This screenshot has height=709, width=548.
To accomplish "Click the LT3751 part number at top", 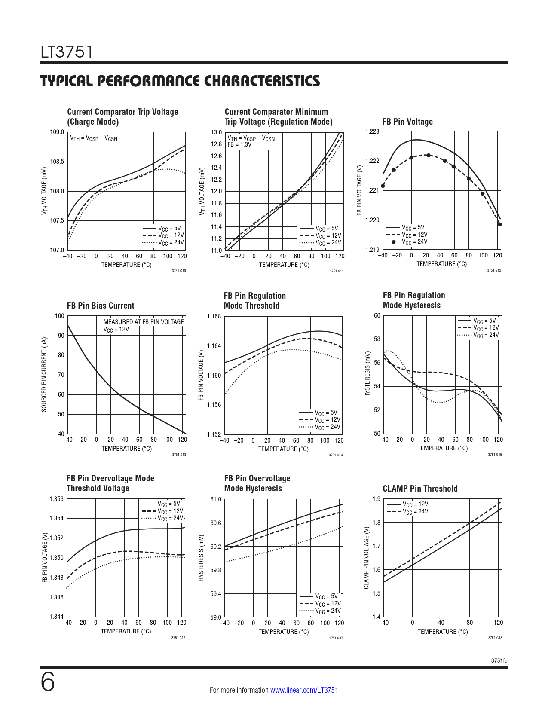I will point(67,52).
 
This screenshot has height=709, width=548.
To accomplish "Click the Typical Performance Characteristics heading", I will point(180,81).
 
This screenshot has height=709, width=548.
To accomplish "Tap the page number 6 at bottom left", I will point(48,682).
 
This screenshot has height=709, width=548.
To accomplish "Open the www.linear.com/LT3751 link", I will point(304,690).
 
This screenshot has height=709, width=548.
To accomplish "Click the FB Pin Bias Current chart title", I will point(101,306).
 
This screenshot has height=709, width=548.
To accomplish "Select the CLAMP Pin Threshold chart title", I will point(420,489).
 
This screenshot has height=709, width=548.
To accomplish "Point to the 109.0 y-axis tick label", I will point(57,132).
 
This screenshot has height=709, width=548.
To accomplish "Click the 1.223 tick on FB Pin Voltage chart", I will point(372,131).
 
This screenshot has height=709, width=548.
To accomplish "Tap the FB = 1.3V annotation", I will point(239,144).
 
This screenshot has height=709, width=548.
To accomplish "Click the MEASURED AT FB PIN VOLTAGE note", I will point(144,322).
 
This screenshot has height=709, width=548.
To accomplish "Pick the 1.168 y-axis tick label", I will point(214,316).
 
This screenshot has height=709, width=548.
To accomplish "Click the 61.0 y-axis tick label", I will point(215,499).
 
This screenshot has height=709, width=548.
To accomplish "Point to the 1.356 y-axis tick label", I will point(56,499).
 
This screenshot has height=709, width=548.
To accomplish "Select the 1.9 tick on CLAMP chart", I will point(376,499).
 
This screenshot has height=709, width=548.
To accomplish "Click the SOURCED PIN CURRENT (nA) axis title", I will point(44,374).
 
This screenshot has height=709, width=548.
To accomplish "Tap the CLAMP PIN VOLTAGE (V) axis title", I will point(366,558).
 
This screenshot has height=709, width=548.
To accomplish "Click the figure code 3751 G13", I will point(179,455).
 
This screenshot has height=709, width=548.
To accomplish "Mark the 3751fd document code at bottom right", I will point(499,660).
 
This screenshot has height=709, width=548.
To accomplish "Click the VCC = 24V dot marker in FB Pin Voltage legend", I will point(394,242).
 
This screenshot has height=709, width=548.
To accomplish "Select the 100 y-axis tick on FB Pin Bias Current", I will point(59,316).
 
